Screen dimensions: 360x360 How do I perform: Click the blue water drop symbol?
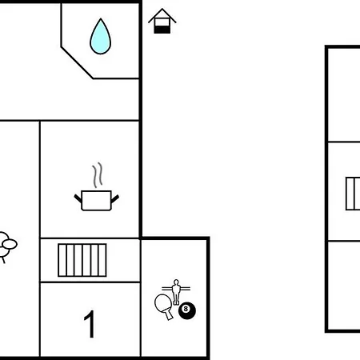(x=100, y=37)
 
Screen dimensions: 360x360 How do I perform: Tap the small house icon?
(x=162, y=21)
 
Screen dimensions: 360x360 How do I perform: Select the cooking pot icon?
(x=96, y=201)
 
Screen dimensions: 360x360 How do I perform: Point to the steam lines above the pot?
(x=98, y=175)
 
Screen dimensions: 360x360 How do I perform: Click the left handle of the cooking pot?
(x=78, y=198)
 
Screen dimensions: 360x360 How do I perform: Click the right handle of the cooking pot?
(x=115, y=198)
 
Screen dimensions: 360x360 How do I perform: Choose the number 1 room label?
(x=90, y=324)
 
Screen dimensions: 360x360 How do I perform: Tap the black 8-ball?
(x=187, y=310)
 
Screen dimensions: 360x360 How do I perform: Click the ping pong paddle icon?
(x=164, y=306)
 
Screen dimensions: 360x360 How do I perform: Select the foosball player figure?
(x=176, y=292)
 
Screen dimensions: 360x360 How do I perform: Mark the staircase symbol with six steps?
(x=82, y=260)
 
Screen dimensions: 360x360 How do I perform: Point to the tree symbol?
(x=6, y=246)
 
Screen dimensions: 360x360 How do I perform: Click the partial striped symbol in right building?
(x=353, y=194)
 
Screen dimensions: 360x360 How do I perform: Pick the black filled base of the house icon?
(x=162, y=30)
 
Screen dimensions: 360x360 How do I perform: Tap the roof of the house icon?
(x=162, y=15)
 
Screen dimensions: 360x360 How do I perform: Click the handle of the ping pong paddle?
(x=169, y=314)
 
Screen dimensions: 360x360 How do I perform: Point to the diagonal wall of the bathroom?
(x=77, y=63)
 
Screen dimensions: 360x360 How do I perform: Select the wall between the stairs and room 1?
(x=90, y=282)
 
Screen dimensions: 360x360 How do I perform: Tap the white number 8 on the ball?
(x=186, y=309)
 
